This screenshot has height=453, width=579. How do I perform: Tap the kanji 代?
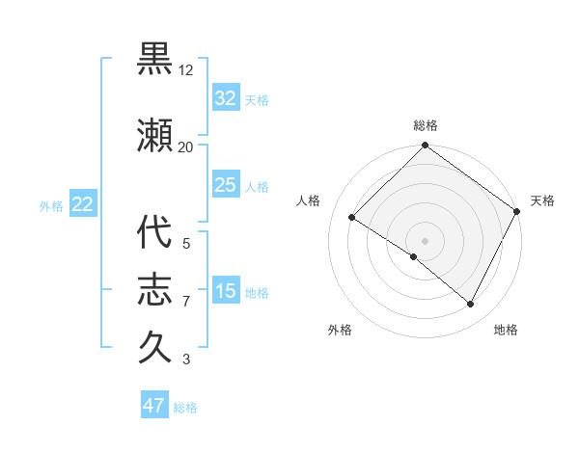click(x=155, y=233)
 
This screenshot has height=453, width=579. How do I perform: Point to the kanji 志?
click(x=155, y=288)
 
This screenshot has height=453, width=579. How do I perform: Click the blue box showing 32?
click(x=226, y=98)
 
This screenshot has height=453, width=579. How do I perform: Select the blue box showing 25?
click(x=226, y=185)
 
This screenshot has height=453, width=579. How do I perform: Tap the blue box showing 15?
click(x=226, y=291)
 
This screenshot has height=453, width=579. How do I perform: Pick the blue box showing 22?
click(x=82, y=204)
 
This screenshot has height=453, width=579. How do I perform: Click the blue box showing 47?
click(x=154, y=406)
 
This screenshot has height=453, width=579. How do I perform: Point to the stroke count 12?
click(x=186, y=70)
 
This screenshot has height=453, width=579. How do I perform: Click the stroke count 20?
click(x=185, y=147)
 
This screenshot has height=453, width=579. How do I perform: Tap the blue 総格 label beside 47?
click(x=185, y=408)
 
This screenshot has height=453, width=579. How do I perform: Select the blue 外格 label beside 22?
click(x=51, y=205)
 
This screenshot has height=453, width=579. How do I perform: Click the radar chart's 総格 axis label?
click(x=426, y=126)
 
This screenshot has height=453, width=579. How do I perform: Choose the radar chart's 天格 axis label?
click(x=542, y=200)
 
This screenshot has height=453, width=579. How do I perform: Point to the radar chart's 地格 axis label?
click(x=506, y=330)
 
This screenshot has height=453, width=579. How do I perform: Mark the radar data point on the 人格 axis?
click(x=352, y=218)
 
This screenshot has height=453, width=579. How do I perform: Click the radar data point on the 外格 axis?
click(x=413, y=257)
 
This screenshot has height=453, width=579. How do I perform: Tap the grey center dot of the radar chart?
click(x=425, y=240)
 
